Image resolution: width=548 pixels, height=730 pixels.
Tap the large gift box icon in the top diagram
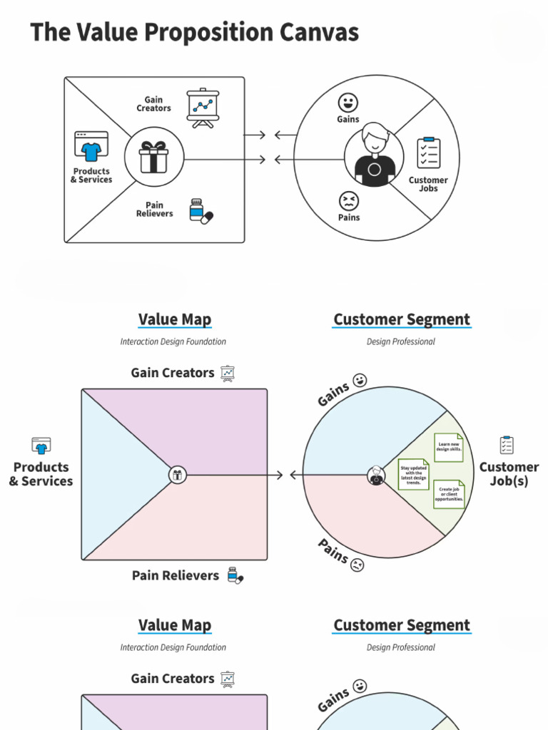(154, 158)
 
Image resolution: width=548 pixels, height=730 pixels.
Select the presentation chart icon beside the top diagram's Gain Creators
(203, 108)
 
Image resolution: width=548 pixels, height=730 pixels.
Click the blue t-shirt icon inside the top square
(91, 147)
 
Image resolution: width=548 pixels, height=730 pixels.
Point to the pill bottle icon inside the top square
(201, 211)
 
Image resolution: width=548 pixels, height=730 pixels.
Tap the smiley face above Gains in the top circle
(348, 102)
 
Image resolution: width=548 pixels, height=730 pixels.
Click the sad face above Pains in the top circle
(348, 200)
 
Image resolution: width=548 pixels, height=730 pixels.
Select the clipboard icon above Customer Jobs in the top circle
(429, 153)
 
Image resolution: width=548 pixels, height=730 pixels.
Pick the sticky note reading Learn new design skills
(449, 448)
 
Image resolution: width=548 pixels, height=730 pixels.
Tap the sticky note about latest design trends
(414, 474)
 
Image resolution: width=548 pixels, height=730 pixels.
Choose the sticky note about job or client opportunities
(450, 494)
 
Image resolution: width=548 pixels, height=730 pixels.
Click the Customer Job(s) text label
(509, 474)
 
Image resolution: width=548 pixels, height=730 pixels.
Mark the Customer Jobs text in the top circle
(428, 184)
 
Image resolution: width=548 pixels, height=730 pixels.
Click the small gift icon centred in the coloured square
(178, 475)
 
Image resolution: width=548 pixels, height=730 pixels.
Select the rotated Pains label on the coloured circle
(333, 551)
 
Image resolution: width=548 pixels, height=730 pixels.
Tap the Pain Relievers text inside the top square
(155, 210)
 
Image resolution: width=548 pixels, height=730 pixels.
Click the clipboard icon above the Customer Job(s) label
(507, 445)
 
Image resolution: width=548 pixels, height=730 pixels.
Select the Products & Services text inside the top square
(91, 175)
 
